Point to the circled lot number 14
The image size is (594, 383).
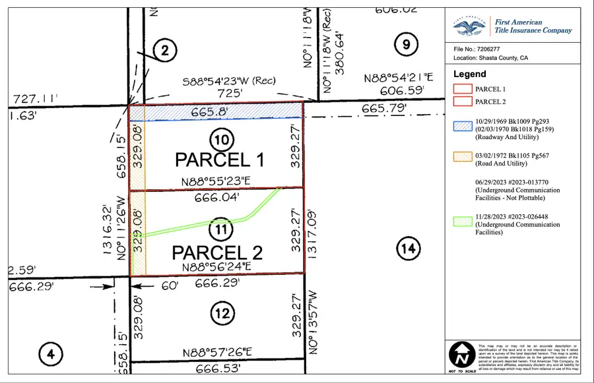[x=409, y=249]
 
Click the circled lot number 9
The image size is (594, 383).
[x=405, y=45]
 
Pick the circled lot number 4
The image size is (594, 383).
[x=50, y=355]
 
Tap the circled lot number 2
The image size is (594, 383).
[x=165, y=50]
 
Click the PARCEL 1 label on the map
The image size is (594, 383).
[x=219, y=160]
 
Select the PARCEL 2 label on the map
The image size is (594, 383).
[x=218, y=252]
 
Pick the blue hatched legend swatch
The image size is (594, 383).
[x=461, y=125]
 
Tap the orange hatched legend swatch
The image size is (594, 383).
[x=461, y=156]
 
